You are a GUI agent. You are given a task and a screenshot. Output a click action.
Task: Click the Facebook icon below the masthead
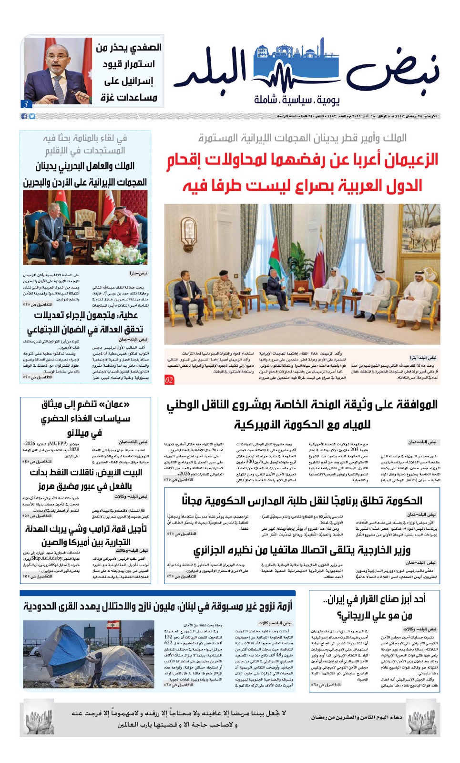point(25,116)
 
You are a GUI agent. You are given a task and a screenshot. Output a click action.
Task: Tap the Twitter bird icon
point(32,116)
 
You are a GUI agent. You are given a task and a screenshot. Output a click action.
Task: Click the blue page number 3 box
point(26,104)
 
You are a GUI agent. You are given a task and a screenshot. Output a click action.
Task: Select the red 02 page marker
point(169,380)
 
